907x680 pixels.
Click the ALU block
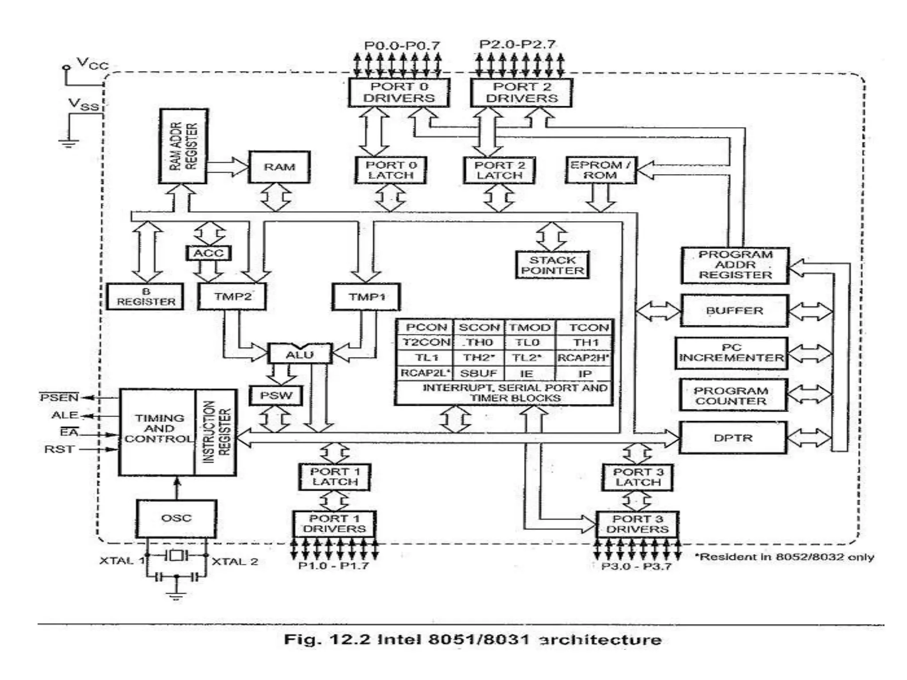coord(300,354)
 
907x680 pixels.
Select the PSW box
coord(276,395)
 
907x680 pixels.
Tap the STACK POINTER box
coord(552,265)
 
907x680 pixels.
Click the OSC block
coord(176,518)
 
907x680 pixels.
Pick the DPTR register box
coord(733,438)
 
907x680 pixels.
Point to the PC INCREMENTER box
coord(731,353)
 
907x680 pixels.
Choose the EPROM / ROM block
coord(601,170)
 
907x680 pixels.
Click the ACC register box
coord(209,253)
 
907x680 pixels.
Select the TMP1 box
coord(366,297)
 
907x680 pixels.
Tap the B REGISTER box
coord(145,297)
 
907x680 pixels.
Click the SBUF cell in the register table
coord(479,373)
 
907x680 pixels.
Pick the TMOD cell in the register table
coord(529,328)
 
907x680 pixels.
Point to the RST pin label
coord(59,449)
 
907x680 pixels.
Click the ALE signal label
coord(65,415)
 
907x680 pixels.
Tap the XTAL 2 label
coord(235,561)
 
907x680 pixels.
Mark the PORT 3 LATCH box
coord(637,477)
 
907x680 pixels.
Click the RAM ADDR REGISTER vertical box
coord(183,146)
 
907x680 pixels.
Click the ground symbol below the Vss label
coord(69,143)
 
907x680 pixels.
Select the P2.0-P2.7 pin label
coord(517,44)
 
